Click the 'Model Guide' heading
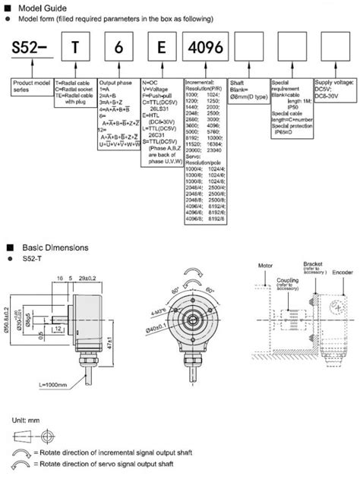coord(37,6)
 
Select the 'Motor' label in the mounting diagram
coord(265,267)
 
